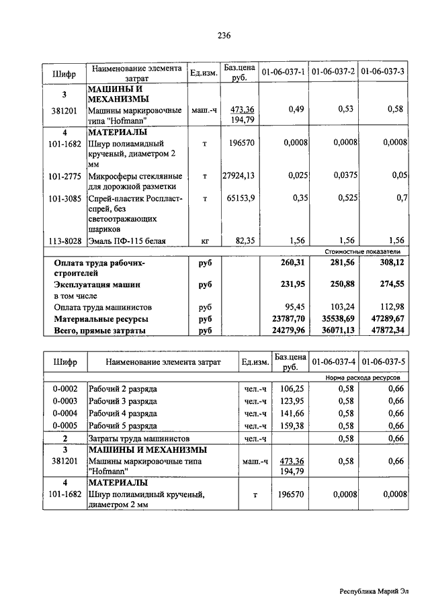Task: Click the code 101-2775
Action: click(x=65, y=176)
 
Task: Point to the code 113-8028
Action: click(x=65, y=240)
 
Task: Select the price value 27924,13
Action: click(x=240, y=176)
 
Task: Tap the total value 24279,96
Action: click(x=288, y=331)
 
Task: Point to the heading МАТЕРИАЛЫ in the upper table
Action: click(x=112, y=132)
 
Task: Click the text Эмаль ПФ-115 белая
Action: click(x=128, y=240)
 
